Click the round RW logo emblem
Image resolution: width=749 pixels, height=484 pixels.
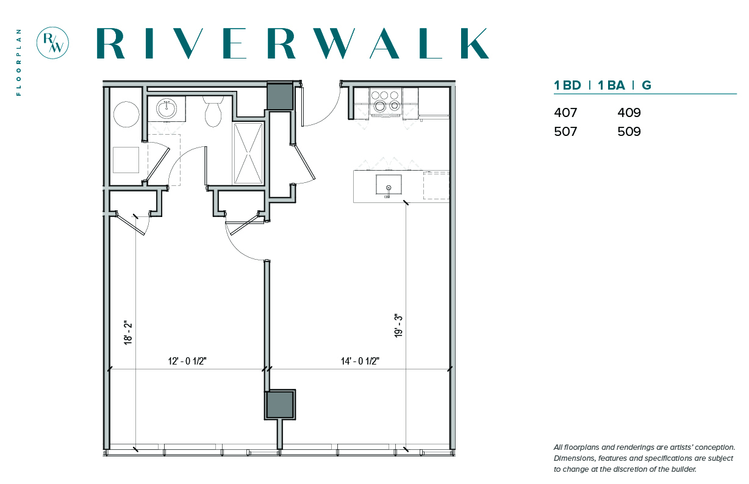pyautogui.click(x=52, y=43)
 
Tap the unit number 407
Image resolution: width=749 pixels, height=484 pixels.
pyautogui.click(x=565, y=113)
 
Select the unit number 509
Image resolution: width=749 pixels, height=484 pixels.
pyautogui.click(x=629, y=132)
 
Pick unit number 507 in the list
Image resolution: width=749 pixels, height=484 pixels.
pyautogui.click(x=565, y=132)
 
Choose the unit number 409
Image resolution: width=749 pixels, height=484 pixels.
pyautogui.click(x=629, y=113)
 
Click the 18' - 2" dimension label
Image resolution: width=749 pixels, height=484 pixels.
pyautogui.click(x=128, y=333)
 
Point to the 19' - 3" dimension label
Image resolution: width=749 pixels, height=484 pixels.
pyautogui.click(x=398, y=326)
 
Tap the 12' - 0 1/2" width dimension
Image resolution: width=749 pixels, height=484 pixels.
pyautogui.click(x=187, y=361)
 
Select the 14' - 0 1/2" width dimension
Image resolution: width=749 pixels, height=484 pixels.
pyautogui.click(x=360, y=361)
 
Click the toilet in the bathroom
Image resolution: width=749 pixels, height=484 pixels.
pyautogui.click(x=213, y=112)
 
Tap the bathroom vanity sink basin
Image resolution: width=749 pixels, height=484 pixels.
pyautogui.click(x=166, y=109)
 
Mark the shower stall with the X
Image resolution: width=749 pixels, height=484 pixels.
pyautogui.click(x=248, y=154)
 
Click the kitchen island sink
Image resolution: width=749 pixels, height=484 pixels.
pyautogui.click(x=389, y=185)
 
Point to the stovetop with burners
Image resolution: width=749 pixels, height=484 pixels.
pyautogui.click(x=386, y=101)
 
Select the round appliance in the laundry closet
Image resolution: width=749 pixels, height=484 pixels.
pyautogui.click(x=126, y=115)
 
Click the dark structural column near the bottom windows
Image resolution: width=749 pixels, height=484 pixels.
pyautogui.click(x=280, y=404)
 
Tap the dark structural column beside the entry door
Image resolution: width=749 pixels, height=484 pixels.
pyautogui.click(x=280, y=96)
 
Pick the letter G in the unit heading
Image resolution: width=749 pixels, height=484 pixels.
pyautogui.click(x=647, y=85)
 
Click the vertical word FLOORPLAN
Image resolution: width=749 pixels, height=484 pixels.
pyautogui.click(x=18, y=62)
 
